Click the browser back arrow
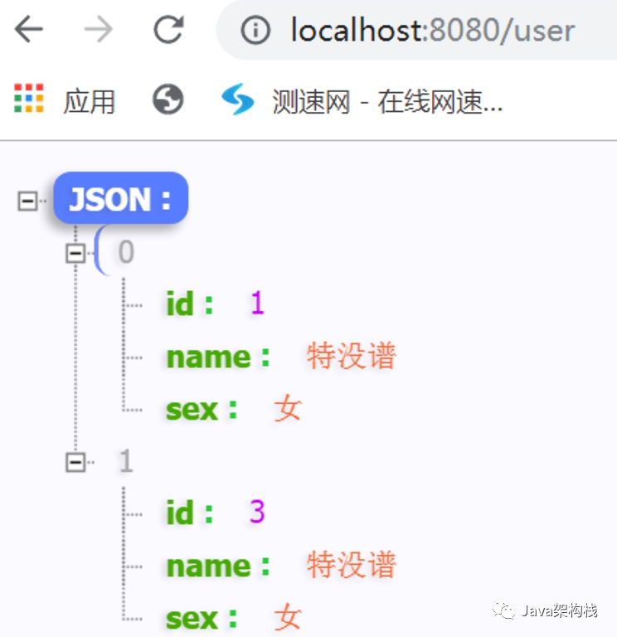tap(28, 30)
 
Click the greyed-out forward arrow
tap(99, 30)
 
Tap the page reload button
tap(169, 30)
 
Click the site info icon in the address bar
tap(255, 31)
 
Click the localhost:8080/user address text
tap(431, 31)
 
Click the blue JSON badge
tap(120, 198)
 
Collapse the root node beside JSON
tap(28, 200)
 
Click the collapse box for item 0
tap(76, 253)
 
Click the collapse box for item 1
tap(76, 462)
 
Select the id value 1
tap(257, 304)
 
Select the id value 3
tap(257, 513)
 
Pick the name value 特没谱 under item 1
tap(351, 566)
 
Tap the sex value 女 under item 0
tap(288, 409)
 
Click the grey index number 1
tap(125, 461)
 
